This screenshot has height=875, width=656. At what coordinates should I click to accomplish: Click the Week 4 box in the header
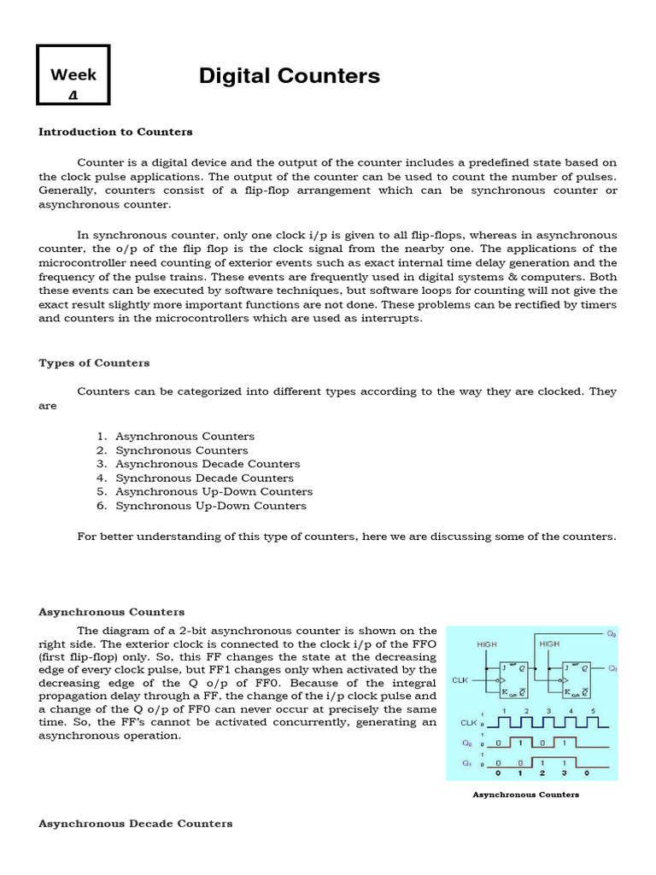(73, 83)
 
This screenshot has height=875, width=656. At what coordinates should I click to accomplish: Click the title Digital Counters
(290, 76)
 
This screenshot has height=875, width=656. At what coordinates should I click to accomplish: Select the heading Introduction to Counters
(115, 132)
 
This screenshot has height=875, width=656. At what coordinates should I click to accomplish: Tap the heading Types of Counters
(94, 363)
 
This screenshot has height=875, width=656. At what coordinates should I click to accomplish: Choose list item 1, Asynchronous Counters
(184, 437)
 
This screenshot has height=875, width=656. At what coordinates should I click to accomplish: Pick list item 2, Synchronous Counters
(181, 450)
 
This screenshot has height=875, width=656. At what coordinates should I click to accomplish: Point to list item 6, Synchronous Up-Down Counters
(210, 506)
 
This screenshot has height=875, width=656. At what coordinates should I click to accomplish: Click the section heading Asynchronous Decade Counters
(135, 824)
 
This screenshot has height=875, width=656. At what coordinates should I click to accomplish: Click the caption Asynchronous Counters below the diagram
(526, 795)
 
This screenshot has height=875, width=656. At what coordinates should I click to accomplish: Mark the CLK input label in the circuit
(459, 681)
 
